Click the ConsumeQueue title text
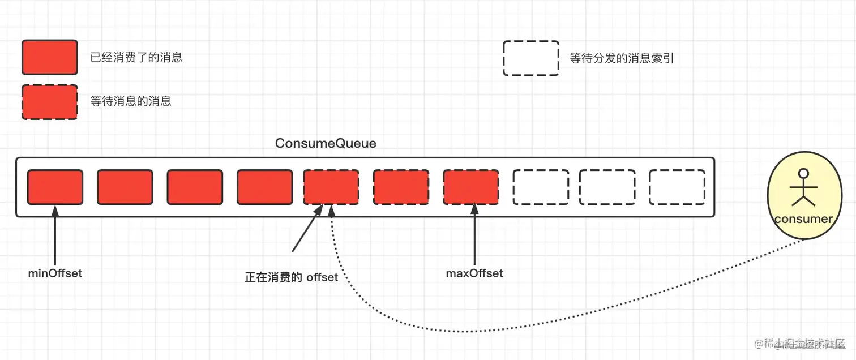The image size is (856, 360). click(x=326, y=143)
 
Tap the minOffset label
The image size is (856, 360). click(x=55, y=273)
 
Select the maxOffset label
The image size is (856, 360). click(x=474, y=273)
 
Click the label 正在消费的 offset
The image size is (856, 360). click(x=291, y=277)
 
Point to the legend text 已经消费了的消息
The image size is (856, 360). click(x=136, y=57)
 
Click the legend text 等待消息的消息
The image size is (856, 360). click(x=131, y=102)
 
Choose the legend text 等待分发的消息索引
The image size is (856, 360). click(x=622, y=58)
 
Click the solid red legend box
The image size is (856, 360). click(x=49, y=57)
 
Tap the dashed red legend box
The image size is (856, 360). click(x=49, y=102)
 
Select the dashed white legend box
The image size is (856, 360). click(x=531, y=58)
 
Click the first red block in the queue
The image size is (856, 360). click(x=55, y=187)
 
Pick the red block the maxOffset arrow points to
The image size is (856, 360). click(x=471, y=187)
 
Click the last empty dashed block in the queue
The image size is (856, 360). click(x=677, y=187)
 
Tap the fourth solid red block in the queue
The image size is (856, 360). click(x=265, y=187)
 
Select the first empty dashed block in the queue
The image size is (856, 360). click(x=541, y=187)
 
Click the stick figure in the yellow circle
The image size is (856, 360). click(x=803, y=187)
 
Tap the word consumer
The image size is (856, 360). click(x=803, y=219)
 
